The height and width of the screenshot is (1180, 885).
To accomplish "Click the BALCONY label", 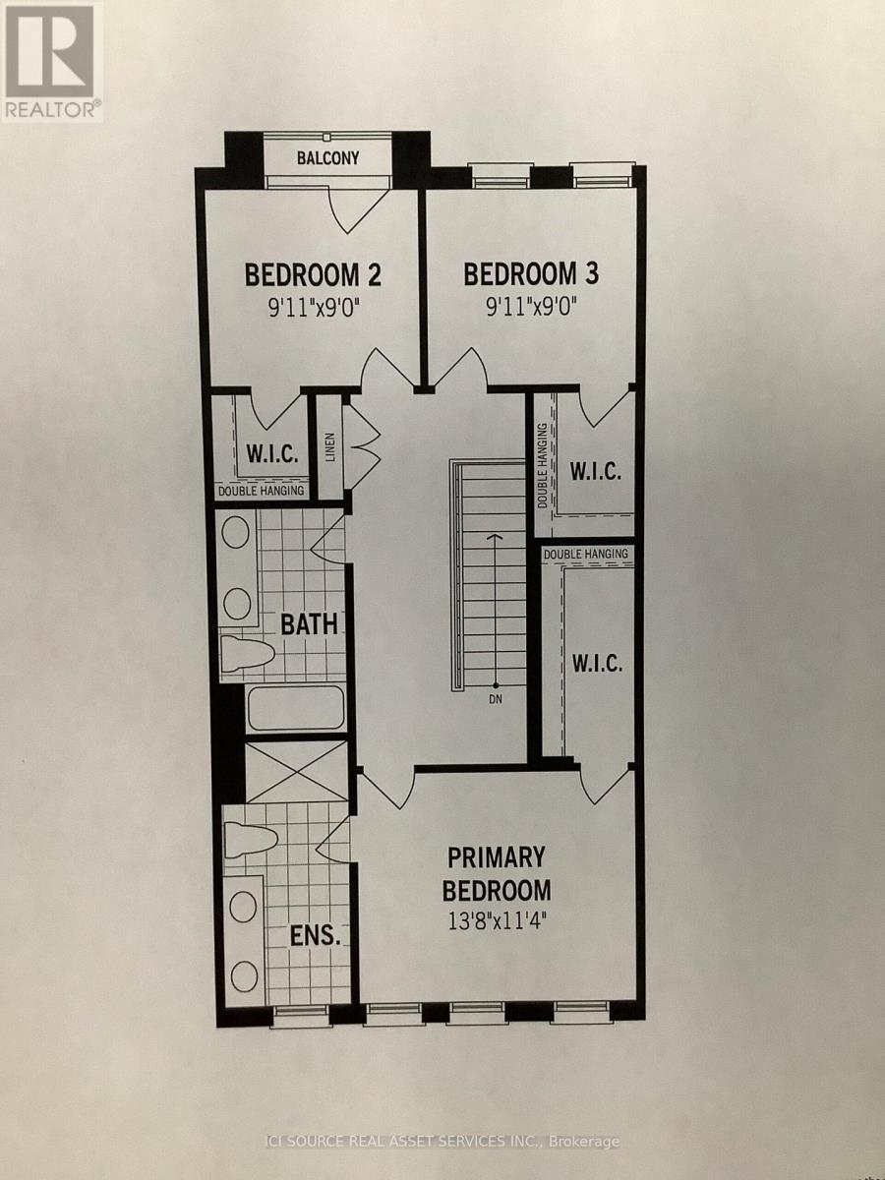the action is tap(327, 158).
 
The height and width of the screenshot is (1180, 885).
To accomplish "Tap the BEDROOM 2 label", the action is tap(313, 274).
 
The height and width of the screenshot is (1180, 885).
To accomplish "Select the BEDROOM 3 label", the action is tap(531, 273).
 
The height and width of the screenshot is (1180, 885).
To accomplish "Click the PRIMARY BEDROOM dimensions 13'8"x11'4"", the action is tap(497, 922).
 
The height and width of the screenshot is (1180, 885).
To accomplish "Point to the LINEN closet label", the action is tap(330, 446).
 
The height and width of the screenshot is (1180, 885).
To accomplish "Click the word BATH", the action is tap(309, 624).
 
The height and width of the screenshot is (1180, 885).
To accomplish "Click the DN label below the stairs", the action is tap(496, 700).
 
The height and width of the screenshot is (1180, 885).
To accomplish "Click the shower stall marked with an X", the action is tap(297, 772).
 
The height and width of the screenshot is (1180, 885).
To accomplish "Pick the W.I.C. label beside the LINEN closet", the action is tap(272, 455).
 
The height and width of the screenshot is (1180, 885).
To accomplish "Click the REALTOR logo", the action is tap(51, 62).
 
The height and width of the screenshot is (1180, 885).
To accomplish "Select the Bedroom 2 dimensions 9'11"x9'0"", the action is tap(314, 309).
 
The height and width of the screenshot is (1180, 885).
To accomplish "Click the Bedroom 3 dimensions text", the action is tap(531, 308).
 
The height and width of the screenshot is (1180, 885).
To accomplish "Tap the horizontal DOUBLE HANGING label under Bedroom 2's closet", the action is tap(261, 491).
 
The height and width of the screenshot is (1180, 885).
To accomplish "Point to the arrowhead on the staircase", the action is tap(496, 537).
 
